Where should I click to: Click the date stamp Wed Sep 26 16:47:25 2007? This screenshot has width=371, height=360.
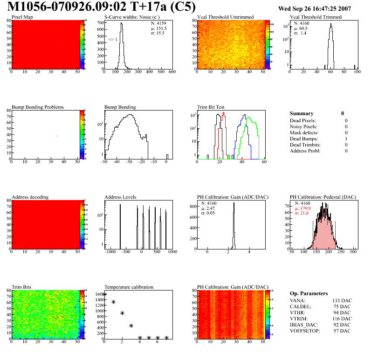[x=321, y=8]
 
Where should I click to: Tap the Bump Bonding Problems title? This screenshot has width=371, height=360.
[x=37, y=107]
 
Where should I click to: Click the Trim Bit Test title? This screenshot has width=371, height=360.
[x=212, y=107]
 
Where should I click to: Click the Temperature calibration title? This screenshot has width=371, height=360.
[x=129, y=287]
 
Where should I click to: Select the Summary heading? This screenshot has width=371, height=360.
[x=302, y=113]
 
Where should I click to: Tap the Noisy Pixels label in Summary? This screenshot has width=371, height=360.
[x=303, y=126]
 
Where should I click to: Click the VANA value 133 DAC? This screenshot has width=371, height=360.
[x=341, y=300]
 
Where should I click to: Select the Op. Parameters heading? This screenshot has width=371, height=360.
[x=309, y=293]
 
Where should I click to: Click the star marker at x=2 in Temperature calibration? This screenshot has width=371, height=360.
[x=123, y=313]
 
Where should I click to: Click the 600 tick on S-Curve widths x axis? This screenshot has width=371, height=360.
[x=172, y=72]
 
